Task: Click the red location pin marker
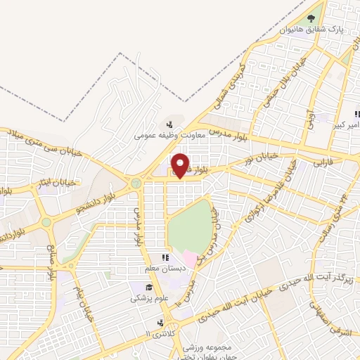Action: (x=181, y=165)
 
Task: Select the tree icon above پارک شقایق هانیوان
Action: (x=312, y=18)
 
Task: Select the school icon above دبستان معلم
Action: (x=165, y=258)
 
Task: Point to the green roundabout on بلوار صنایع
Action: (x=46, y=222)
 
